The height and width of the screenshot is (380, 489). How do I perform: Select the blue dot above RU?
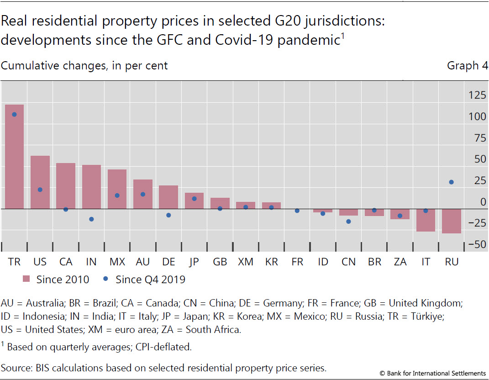(451, 182)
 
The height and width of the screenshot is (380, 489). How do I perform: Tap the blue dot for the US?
(40, 190)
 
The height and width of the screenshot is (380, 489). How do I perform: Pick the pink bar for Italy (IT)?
(426, 220)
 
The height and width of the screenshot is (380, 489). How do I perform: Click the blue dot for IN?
(91, 219)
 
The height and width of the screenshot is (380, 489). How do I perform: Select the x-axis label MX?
(117, 262)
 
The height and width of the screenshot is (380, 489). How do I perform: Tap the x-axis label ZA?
(400, 262)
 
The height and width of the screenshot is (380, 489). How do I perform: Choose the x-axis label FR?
(297, 262)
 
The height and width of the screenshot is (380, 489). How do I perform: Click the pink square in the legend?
(26, 280)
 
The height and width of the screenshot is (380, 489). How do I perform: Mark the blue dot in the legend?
(106, 280)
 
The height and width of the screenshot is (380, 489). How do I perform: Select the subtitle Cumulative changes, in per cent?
(84, 66)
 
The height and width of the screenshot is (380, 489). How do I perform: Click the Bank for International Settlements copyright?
(433, 373)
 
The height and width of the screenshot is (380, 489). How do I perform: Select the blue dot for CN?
(349, 222)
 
